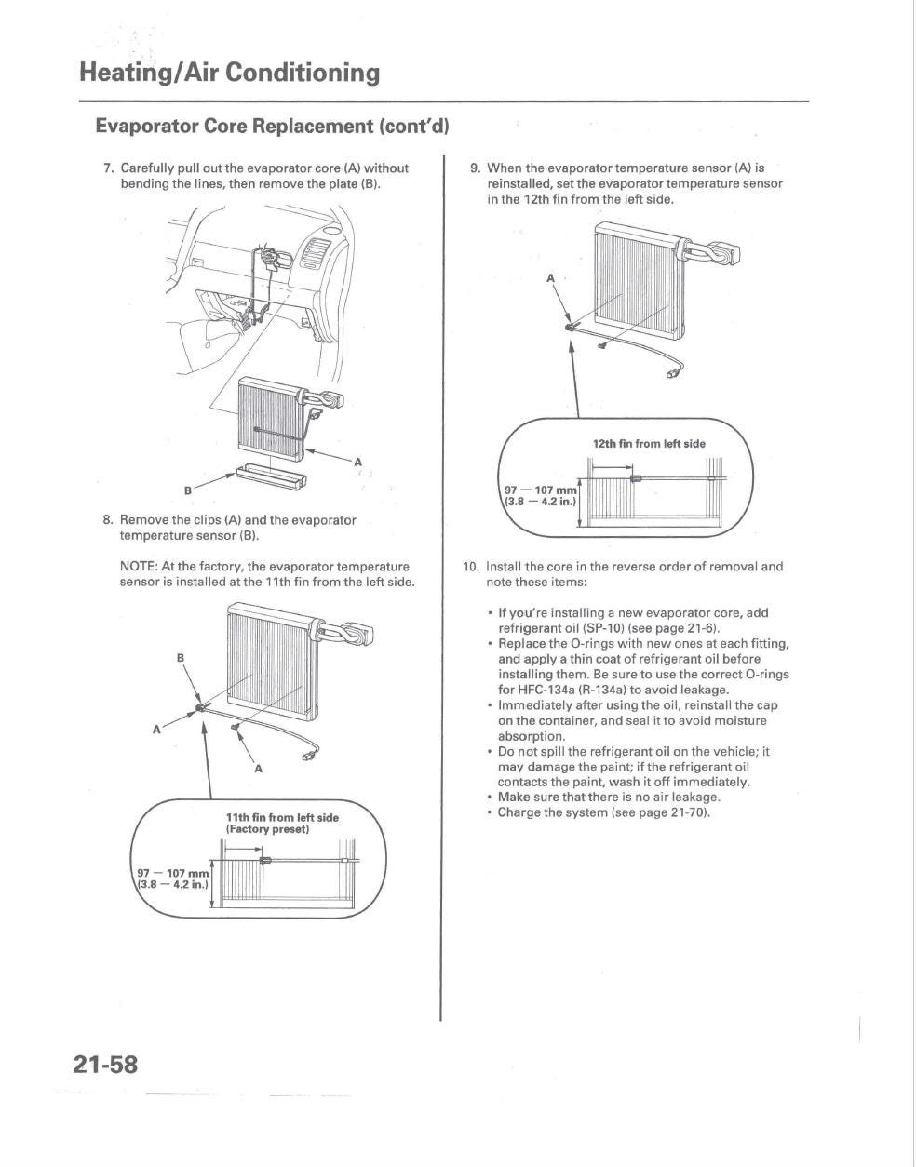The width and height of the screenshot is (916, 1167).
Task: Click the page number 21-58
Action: click(x=106, y=1064)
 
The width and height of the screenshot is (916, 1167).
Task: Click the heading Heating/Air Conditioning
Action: click(x=229, y=73)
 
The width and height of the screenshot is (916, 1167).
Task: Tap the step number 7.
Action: click(x=108, y=168)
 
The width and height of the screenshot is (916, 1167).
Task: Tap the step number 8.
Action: click(x=108, y=520)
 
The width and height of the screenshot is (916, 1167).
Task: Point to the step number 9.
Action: click(x=475, y=168)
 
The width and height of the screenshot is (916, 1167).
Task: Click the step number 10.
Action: click(x=471, y=566)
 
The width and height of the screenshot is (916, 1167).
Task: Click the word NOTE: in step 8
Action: click(x=139, y=567)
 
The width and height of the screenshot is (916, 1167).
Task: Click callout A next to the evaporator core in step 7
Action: click(x=357, y=461)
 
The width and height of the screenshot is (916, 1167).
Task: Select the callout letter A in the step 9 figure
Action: click(x=550, y=278)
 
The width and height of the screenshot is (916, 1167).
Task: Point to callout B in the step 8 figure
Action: click(x=181, y=658)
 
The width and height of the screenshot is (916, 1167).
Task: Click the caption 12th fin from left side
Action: click(x=649, y=444)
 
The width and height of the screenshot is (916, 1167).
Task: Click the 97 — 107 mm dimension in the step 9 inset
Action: click(x=540, y=490)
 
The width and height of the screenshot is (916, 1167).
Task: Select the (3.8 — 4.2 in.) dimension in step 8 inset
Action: click(x=173, y=885)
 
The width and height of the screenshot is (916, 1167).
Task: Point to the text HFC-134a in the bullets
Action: click(x=550, y=690)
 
